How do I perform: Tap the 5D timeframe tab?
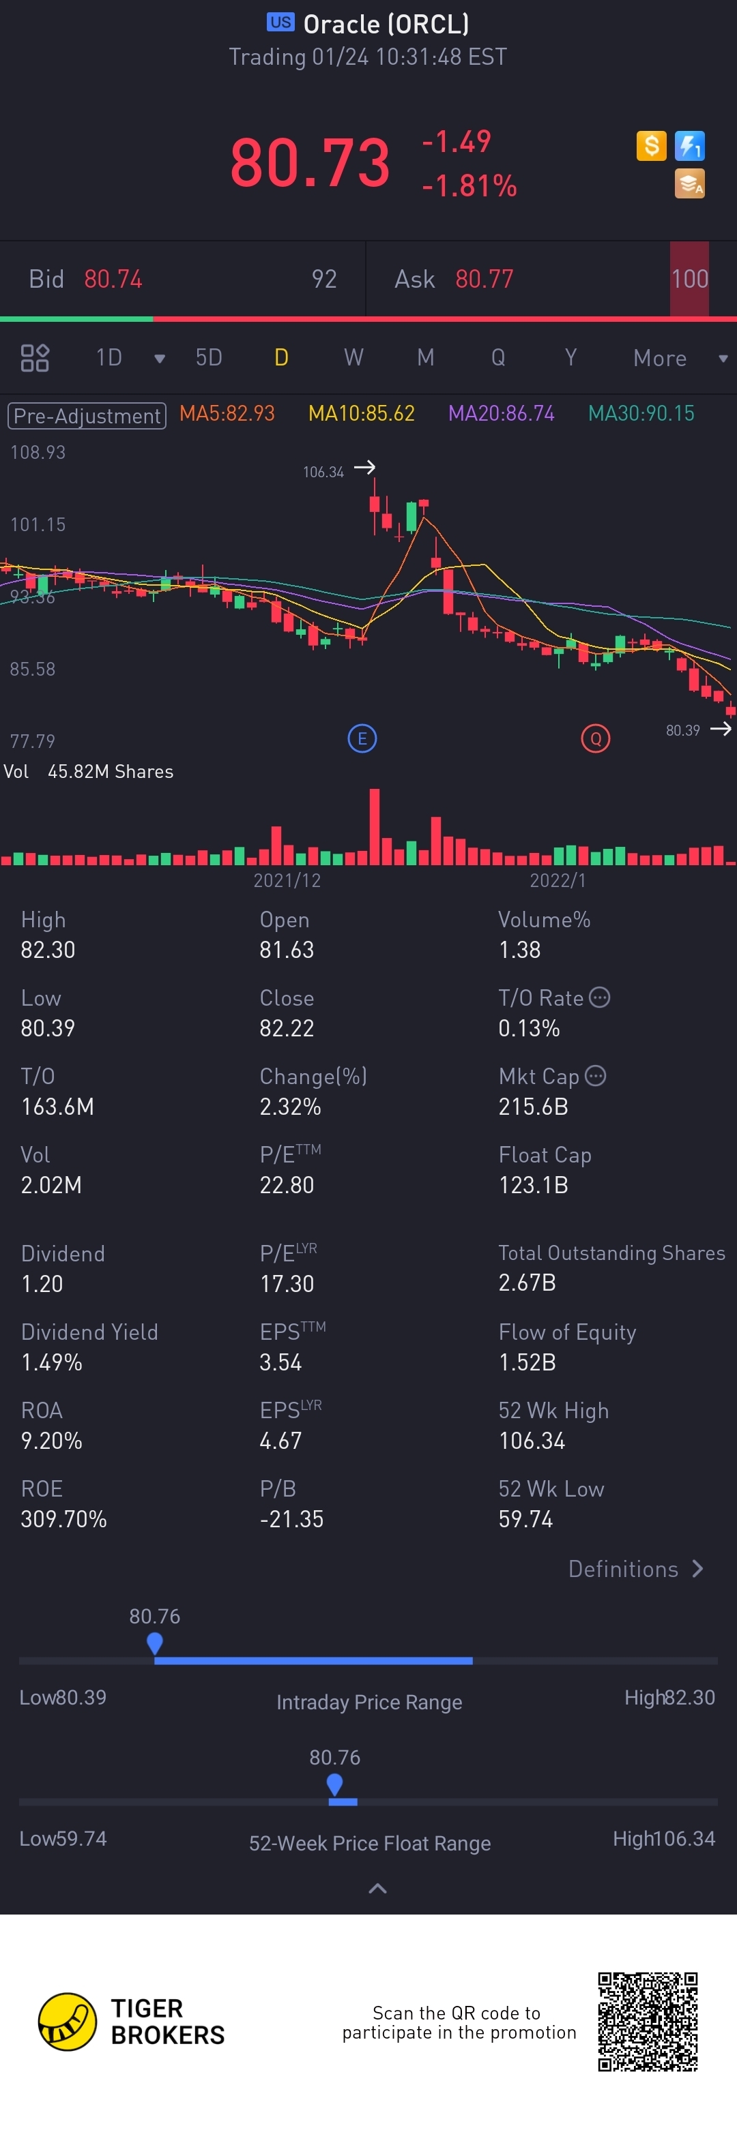click(208, 357)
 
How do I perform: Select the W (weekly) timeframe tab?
click(353, 357)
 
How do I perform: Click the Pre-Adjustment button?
click(87, 415)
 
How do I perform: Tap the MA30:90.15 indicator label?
click(641, 413)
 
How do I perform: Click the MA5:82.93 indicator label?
click(227, 413)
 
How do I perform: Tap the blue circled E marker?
click(362, 738)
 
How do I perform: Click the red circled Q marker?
click(596, 738)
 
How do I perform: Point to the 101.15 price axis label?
click(38, 524)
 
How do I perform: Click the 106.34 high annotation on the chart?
click(323, 472)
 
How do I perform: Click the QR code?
click(648, 2021)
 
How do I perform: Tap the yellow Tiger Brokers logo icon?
click(67, 2022)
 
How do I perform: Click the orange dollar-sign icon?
click(652, 147)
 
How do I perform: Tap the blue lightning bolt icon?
click(690, 147)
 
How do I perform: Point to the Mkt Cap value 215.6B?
click(533, 1107)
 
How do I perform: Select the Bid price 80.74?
click(113, 280)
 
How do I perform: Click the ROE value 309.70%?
click(63, 1519)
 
